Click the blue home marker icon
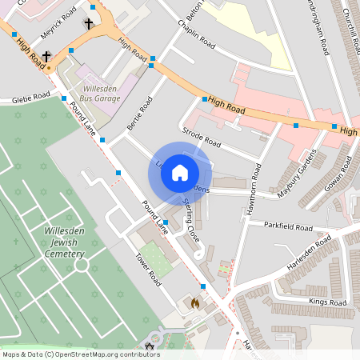[x=180, y=172]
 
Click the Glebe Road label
[x=30, y=99]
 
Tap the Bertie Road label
[x=139, y=114]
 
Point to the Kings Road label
[x=328, y=302]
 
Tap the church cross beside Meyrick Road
[x=88, y=24]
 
